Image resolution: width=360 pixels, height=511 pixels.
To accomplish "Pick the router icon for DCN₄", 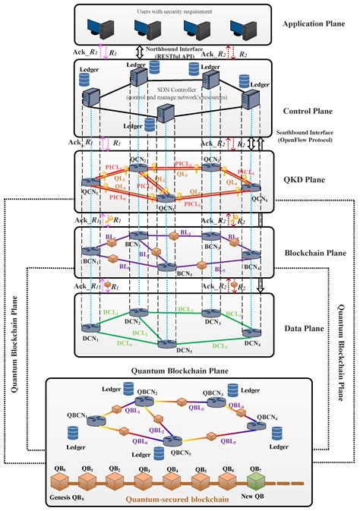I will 251,333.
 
